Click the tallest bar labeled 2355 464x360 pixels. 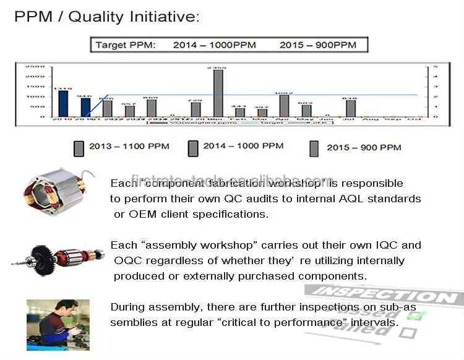pos(218,93)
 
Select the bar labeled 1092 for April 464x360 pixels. pos(284,105)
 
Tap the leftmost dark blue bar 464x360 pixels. pos(63,103)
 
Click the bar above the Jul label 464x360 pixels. pos(351,108)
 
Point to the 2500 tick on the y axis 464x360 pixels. pos(35,66)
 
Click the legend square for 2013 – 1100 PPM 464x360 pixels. pos(79,148)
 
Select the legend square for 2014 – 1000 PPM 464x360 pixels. pos(193,147)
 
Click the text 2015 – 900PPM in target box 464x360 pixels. pos(318,45)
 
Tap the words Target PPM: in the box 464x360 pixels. pos(126,45)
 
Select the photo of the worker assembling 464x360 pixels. pos(58,325)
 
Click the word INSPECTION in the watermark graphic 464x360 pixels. pos(384,296)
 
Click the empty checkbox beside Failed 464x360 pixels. pos(408,333)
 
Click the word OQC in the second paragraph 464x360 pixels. pos(127,260)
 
